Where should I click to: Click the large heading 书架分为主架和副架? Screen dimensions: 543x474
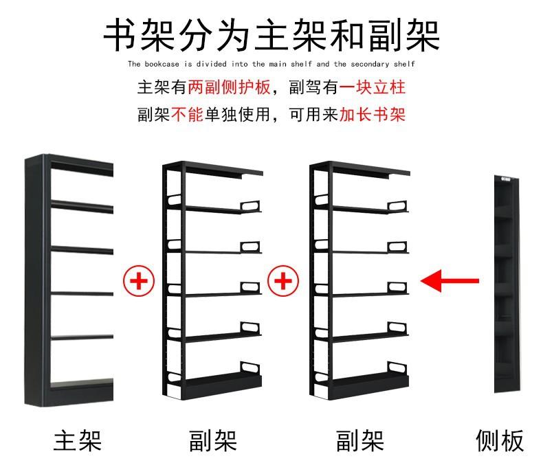[x=271, y=34]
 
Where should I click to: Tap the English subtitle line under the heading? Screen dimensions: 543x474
[x=271, y=64]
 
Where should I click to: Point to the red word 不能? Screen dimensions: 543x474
[x=187, y=113]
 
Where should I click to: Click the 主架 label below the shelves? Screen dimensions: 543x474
[x=78, y=440]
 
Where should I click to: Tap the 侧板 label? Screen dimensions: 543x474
[x=500, y=440]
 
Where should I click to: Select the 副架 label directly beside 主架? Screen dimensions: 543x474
[x=212, y=440]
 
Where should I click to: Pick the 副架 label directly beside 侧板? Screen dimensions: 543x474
[x=359, y=440]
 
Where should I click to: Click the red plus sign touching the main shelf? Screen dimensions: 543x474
[x=139, y=280]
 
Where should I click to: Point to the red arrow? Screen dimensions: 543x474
[x=450, y=280]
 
